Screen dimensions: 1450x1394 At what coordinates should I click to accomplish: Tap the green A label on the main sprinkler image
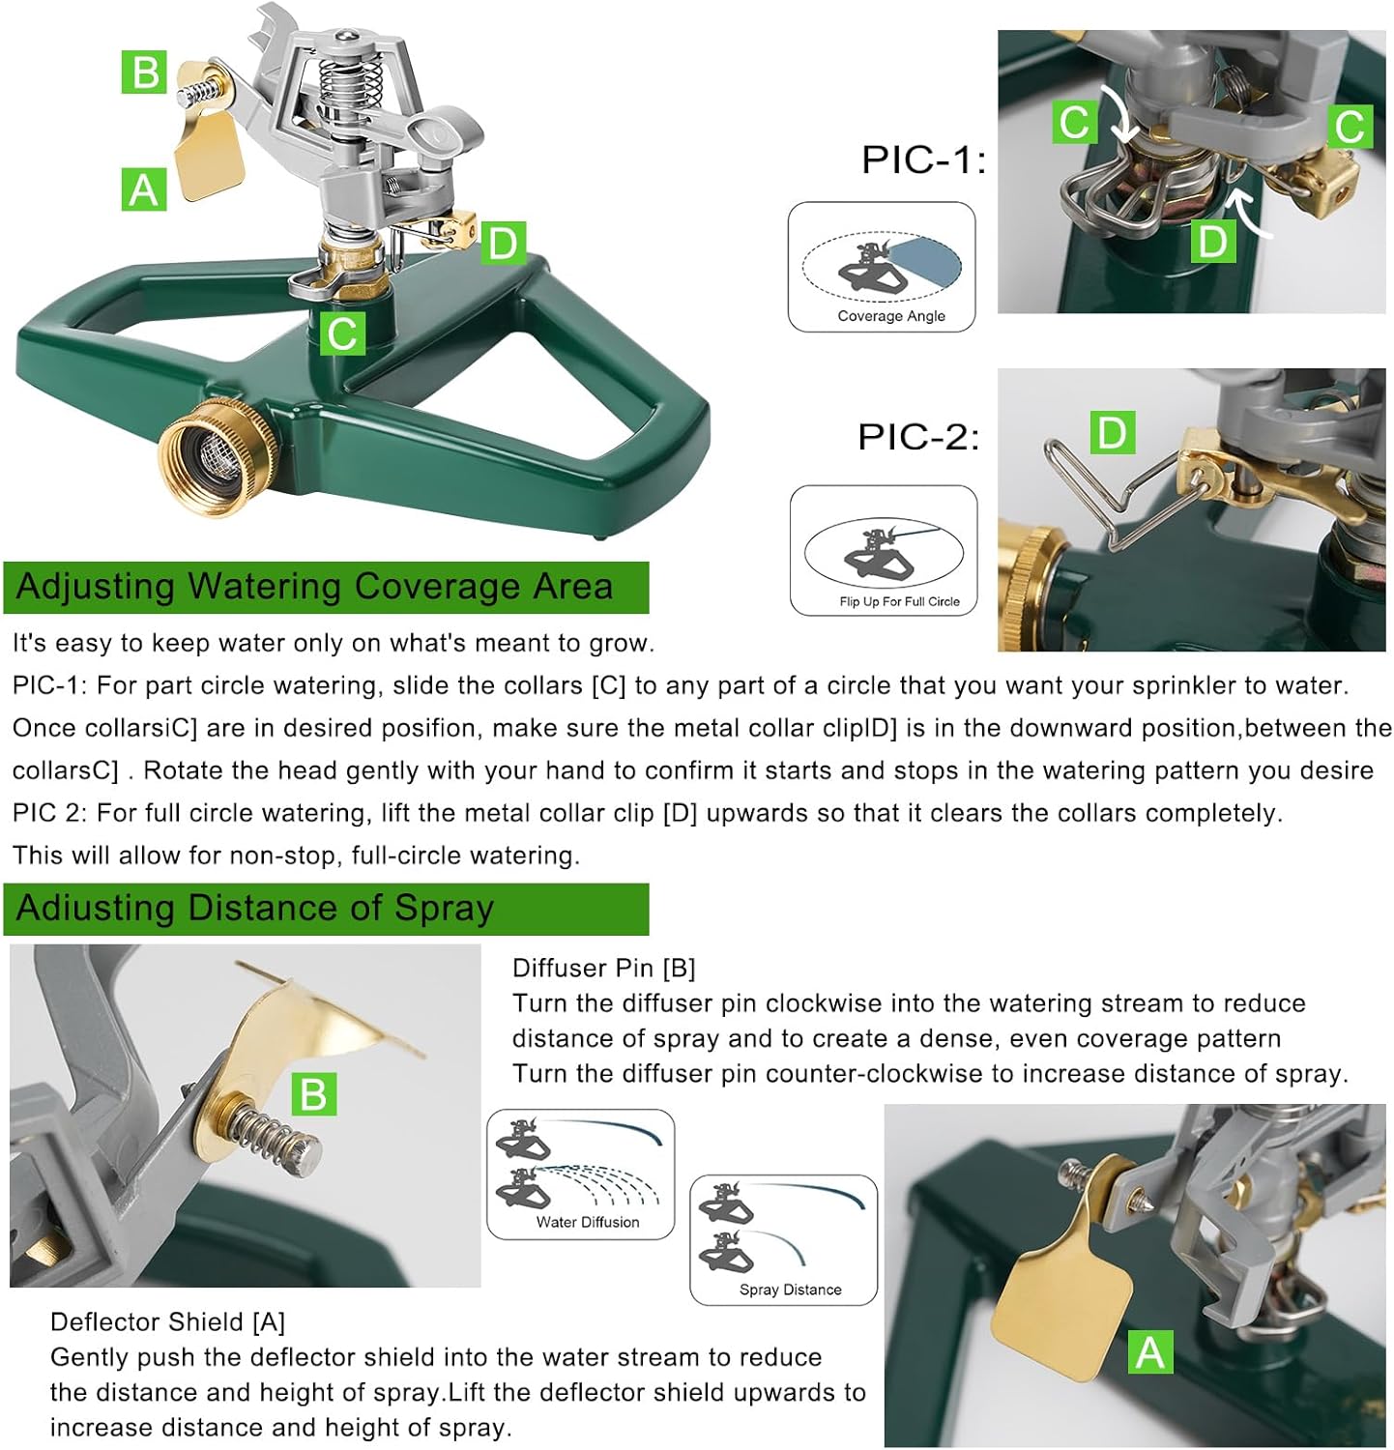(x=143, y=189)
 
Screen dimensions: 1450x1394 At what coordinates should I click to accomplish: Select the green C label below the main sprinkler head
(x=342, y=333)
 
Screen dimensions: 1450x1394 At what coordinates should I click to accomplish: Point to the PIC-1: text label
(x=923, y=159)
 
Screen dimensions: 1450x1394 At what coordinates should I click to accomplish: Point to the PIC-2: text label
(x=918, y=437)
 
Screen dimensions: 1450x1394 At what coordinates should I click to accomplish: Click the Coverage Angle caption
(x=890, y=316)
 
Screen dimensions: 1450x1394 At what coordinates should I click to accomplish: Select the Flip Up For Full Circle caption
(x=899, y=601)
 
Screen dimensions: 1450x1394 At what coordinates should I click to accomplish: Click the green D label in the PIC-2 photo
(x=1112, y=432)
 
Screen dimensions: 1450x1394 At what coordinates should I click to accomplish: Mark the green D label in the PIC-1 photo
(x=1212, y=241)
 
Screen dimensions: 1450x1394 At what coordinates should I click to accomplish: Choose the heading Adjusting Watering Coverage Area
(x=315, y=587)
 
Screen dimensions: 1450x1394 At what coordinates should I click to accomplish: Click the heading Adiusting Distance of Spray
(x=255, y=909)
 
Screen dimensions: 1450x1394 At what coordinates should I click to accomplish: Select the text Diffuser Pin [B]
(x=604, y=968)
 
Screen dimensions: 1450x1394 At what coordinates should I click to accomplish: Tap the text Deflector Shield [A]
(x=167, y=1321)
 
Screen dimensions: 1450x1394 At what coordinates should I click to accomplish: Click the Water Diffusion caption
(x=588, y=1222)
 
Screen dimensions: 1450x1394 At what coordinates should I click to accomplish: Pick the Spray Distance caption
(x=790, y=1290)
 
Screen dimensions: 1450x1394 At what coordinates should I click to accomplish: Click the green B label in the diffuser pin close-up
(x=314, y=1093)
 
